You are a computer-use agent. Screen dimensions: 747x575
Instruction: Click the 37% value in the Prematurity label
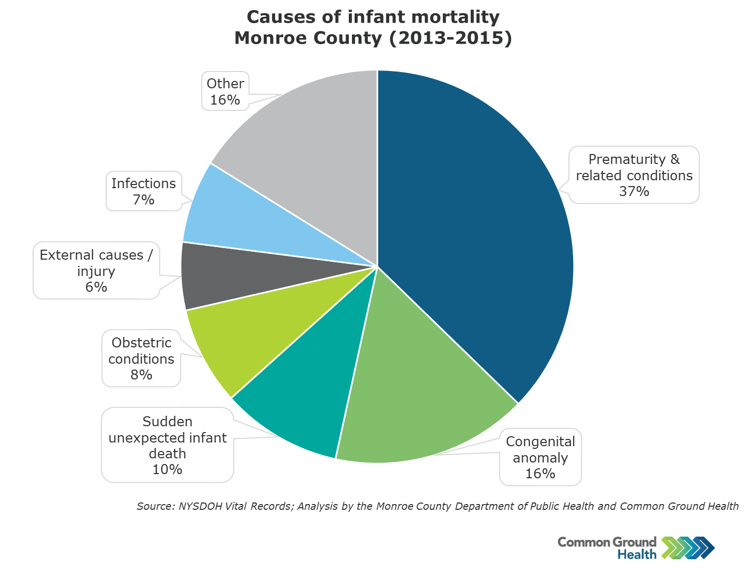pos(634,191)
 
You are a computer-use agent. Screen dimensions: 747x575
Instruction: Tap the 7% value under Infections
pos(144,199)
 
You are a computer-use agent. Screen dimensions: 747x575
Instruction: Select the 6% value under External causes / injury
pos(96,287)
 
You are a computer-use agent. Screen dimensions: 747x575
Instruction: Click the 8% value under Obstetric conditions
pos(141,375)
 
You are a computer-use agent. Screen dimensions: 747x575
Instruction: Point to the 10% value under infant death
pos(168,469)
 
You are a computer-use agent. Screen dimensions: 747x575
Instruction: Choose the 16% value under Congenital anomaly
pos(540,474)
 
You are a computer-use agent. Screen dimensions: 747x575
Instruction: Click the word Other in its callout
pos(225,84)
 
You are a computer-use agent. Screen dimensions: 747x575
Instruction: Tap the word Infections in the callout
pos(143,183)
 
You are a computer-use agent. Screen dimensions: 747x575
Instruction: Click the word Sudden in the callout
pos(168,422)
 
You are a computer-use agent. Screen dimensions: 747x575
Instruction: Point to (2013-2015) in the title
pos(451,38)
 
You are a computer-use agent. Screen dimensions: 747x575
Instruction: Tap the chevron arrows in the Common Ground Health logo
pos(688,548)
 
